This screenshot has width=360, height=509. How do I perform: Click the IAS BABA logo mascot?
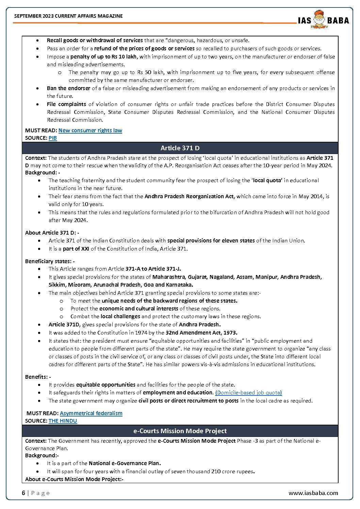pyautogui.click(x=319, y=19)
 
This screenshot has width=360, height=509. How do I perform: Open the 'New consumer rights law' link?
pyautogui.click(x=90, y=131)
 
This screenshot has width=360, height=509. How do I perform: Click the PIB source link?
pyautogui.click(x=53, y=138)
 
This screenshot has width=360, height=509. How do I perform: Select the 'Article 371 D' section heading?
pyautogui.click(x=180, y=148)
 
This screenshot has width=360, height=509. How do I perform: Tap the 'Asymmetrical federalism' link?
pyautogui.click(x=91, y=413)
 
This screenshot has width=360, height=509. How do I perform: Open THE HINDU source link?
pyautogui.click(x=63, y=421)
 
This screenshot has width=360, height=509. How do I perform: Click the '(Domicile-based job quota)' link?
pyautogui.click(x=248, y=393)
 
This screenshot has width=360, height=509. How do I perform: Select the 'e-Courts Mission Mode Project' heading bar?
pyautogui.click(x=180, y=431)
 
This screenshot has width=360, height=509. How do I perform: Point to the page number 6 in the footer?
pyautogui.click(x=23, y=493)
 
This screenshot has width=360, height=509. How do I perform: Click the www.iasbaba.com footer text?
pyautogui.click(x=313, y=493)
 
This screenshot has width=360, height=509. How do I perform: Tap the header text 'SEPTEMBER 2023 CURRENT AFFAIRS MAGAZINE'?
pyautogui.click(x=68, y=16)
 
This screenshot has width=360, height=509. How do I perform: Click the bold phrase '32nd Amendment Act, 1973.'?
pyautogui.click(x=201, y=333)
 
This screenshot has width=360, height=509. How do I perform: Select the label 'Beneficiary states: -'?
pyautogui.click(x=50, y=261)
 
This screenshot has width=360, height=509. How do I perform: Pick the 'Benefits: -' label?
pyautogui.click(x=38, y=377)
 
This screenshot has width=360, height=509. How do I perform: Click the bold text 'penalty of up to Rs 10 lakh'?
pyautogui.click(x=103, y=57)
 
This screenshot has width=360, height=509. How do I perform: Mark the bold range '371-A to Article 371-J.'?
pyautogui.click(x=153, y=269)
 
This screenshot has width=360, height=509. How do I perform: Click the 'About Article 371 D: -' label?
pyautogui.click(x=52, y=233)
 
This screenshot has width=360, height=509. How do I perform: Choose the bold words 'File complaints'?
pyautogui.click(x=66, y=104)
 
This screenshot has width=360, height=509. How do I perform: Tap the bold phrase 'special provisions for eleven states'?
pyautogui.click(x=211, y=241)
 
